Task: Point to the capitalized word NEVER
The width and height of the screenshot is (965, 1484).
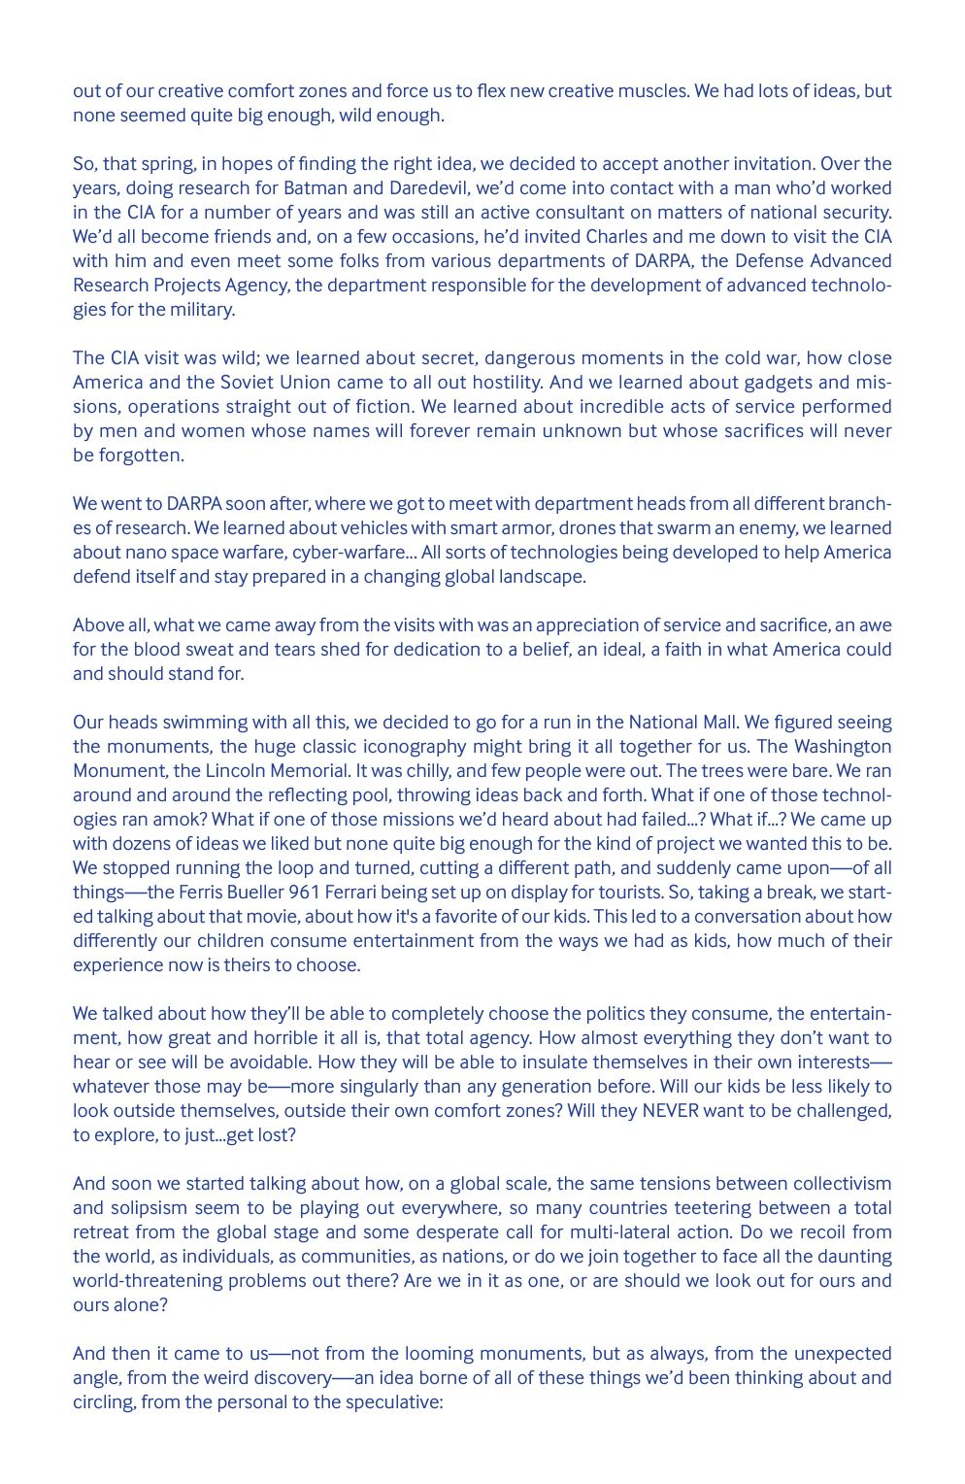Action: pos(670,1111)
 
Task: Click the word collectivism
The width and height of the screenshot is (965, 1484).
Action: pos(842,1184)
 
